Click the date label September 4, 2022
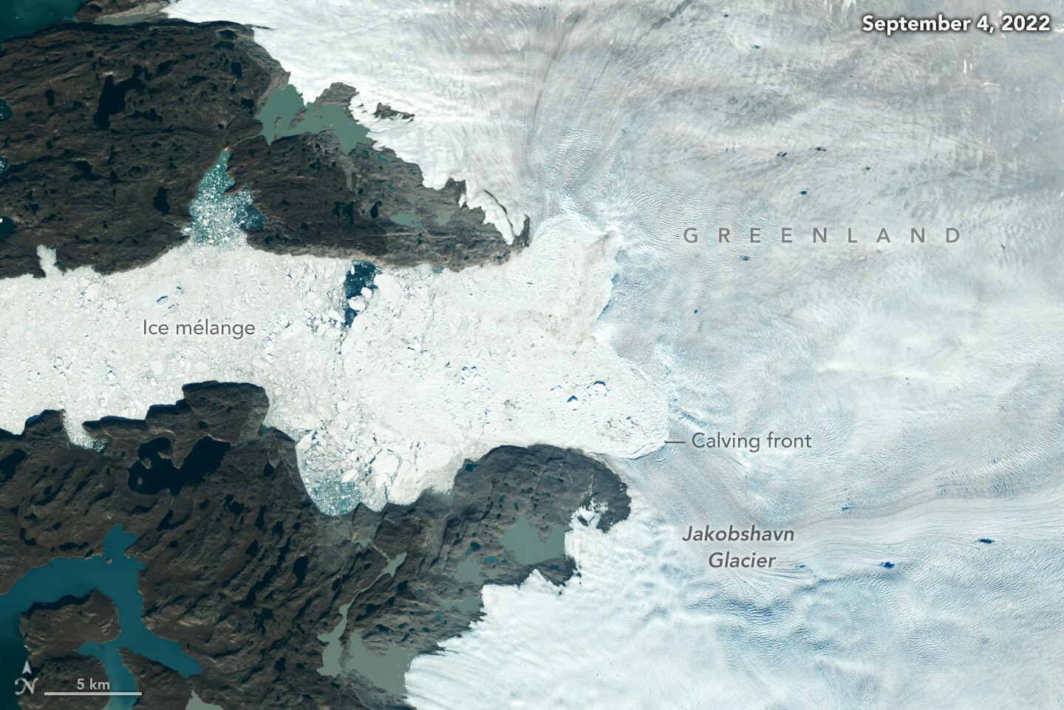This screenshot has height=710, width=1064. coord(956,24)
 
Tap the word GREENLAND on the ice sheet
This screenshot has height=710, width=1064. coord(822,236)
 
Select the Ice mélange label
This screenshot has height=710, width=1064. coord(199,328)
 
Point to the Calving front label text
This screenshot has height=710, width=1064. coord(751,442)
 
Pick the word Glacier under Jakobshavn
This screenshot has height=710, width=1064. coord(742,560)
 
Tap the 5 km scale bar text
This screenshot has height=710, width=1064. coord(93,684)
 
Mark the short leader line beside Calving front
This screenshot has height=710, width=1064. coord(675,442)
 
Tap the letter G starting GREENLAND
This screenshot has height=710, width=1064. coord(689,236)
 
